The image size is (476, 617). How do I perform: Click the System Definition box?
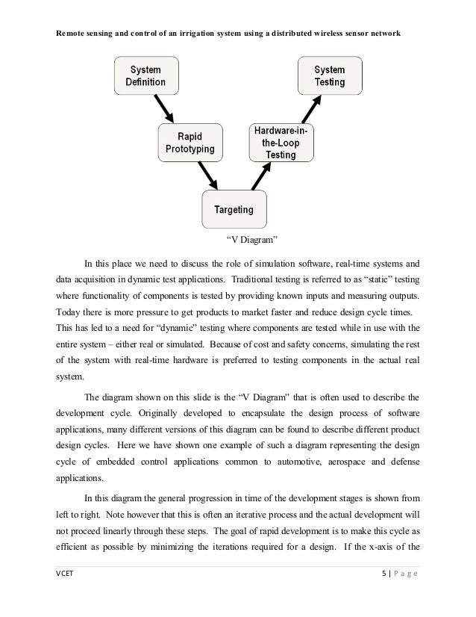145,75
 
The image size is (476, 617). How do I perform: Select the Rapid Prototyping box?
190,143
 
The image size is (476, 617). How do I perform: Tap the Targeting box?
234,210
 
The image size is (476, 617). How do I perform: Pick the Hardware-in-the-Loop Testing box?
280,143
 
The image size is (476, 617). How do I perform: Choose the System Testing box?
329,75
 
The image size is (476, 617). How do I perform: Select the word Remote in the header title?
72,35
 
